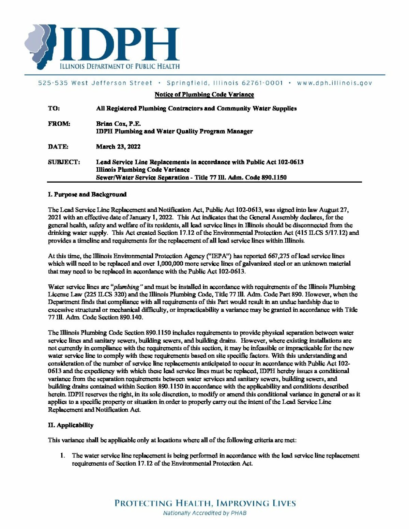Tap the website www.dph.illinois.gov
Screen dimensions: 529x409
point(334,83)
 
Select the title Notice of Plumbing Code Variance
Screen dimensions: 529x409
point(204,94)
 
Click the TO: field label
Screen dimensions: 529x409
point(54,108)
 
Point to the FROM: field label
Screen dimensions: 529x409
point(59,124)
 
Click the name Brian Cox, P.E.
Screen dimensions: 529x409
point(118,124)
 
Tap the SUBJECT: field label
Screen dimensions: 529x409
point(64,162)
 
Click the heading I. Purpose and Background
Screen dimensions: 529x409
point(87,195)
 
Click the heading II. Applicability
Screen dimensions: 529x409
point(71,425)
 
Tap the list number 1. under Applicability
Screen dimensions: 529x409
point(63,455)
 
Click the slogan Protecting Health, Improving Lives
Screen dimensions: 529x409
point(205,503)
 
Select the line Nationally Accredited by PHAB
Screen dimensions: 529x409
point(204,513)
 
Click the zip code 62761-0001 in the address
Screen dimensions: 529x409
point(262,83)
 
